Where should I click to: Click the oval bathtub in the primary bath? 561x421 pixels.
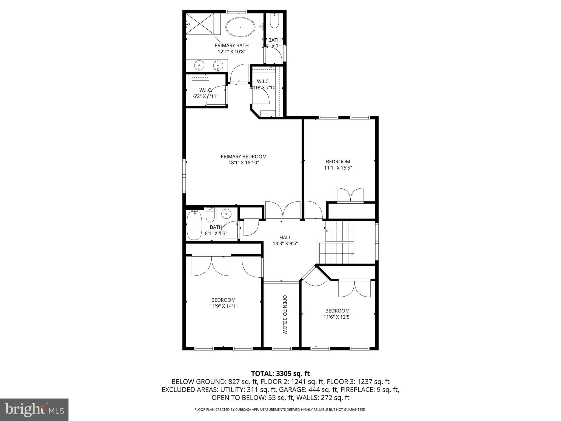[241, 27]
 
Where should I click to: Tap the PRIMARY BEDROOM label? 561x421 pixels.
[244, 157]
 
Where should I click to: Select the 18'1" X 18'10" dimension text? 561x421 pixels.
[244, 163]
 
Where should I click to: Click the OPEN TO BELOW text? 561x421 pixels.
[285, 314]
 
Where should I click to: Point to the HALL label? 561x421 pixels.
[285, 237]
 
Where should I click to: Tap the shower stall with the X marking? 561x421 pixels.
[200, 24]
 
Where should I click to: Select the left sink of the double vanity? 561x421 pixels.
[199, 65]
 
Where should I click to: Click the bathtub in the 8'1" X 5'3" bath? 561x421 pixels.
[194, 225]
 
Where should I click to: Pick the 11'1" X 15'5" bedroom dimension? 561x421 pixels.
[338, 168]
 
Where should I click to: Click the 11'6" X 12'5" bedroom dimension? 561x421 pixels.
[337, 317]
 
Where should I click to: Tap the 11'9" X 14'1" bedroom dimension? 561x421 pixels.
[223, 306]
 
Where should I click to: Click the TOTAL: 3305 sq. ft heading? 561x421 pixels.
[280, 373]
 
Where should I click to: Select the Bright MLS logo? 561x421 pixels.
[34, 410]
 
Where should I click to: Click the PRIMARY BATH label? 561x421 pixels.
[231, 45]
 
